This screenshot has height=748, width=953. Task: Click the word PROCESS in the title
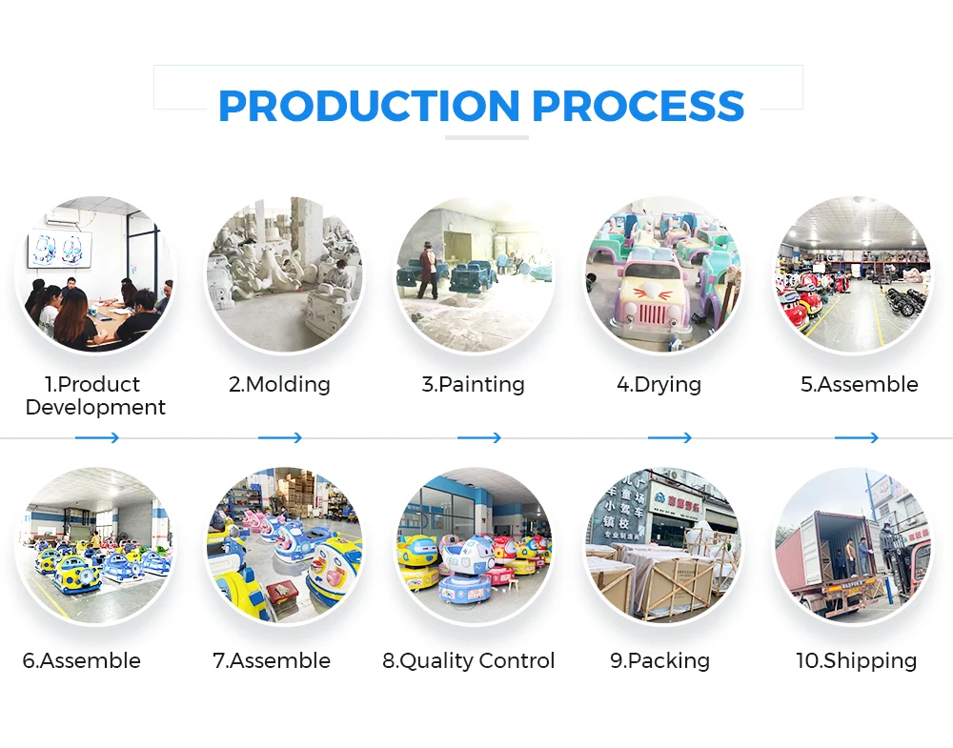point(638,105)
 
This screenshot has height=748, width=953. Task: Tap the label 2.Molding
point(279,385)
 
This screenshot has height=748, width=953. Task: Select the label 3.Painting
point(473,385)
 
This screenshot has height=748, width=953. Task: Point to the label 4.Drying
point(659,385)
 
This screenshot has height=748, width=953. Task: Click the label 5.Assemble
point(859,385)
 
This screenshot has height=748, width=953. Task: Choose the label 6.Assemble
point(82,661)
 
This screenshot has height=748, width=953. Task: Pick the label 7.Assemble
point(272,661)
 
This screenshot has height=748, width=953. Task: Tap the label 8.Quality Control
point(469,661)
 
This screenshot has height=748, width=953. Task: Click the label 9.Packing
point(659,661)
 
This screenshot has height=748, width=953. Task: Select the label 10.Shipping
point(856,661)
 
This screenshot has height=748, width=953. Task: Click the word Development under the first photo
point(95,408)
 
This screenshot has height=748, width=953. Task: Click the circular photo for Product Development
point(95,275)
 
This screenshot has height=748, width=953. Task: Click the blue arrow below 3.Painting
point(478,438)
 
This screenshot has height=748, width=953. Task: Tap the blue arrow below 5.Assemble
point(856,438)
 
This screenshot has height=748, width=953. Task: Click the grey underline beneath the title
point(486,137)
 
